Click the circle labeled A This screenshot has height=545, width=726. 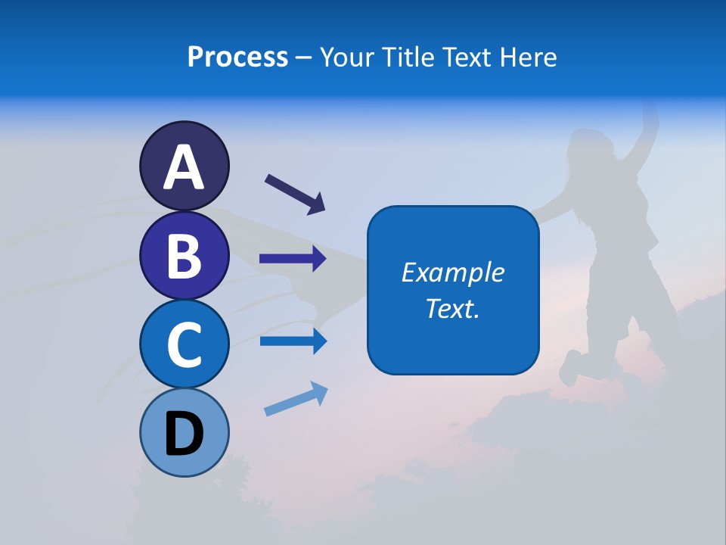[x=184, y=166]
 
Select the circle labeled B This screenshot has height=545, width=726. [x=184, y=255]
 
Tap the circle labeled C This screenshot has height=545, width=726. [x=184, y=344]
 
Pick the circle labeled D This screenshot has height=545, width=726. [x=184, y=432]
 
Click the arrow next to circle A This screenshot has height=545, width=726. [x=295, y=195]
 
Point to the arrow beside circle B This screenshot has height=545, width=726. [x=293, y=259]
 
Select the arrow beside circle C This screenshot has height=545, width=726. [x=293, y=341]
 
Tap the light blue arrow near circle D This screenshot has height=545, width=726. [x=296, y=399]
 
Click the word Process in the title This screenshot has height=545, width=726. [x=237, y=57]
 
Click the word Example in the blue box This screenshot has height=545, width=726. [x=452, y=272]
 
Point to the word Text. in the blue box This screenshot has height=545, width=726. [x=452, y=308]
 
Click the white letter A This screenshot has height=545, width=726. [x=184, y=167]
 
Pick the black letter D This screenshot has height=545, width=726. [x=185, y=434]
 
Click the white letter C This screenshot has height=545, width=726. [x=184, y=345]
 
